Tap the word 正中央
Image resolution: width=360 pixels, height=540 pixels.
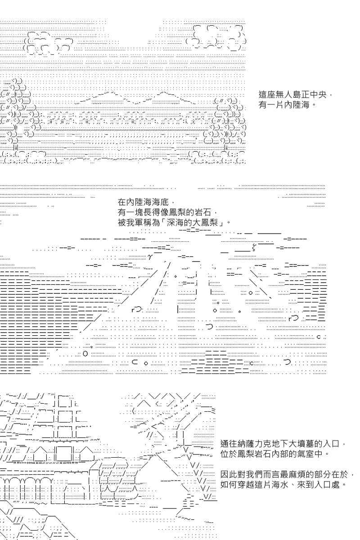(x=313, y=94)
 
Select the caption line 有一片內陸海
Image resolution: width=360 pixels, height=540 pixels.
(x=284, y=104)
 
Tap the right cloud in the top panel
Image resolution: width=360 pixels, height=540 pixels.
(x=216, y=37)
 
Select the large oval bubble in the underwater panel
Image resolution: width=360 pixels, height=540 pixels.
(x=85, y=354)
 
